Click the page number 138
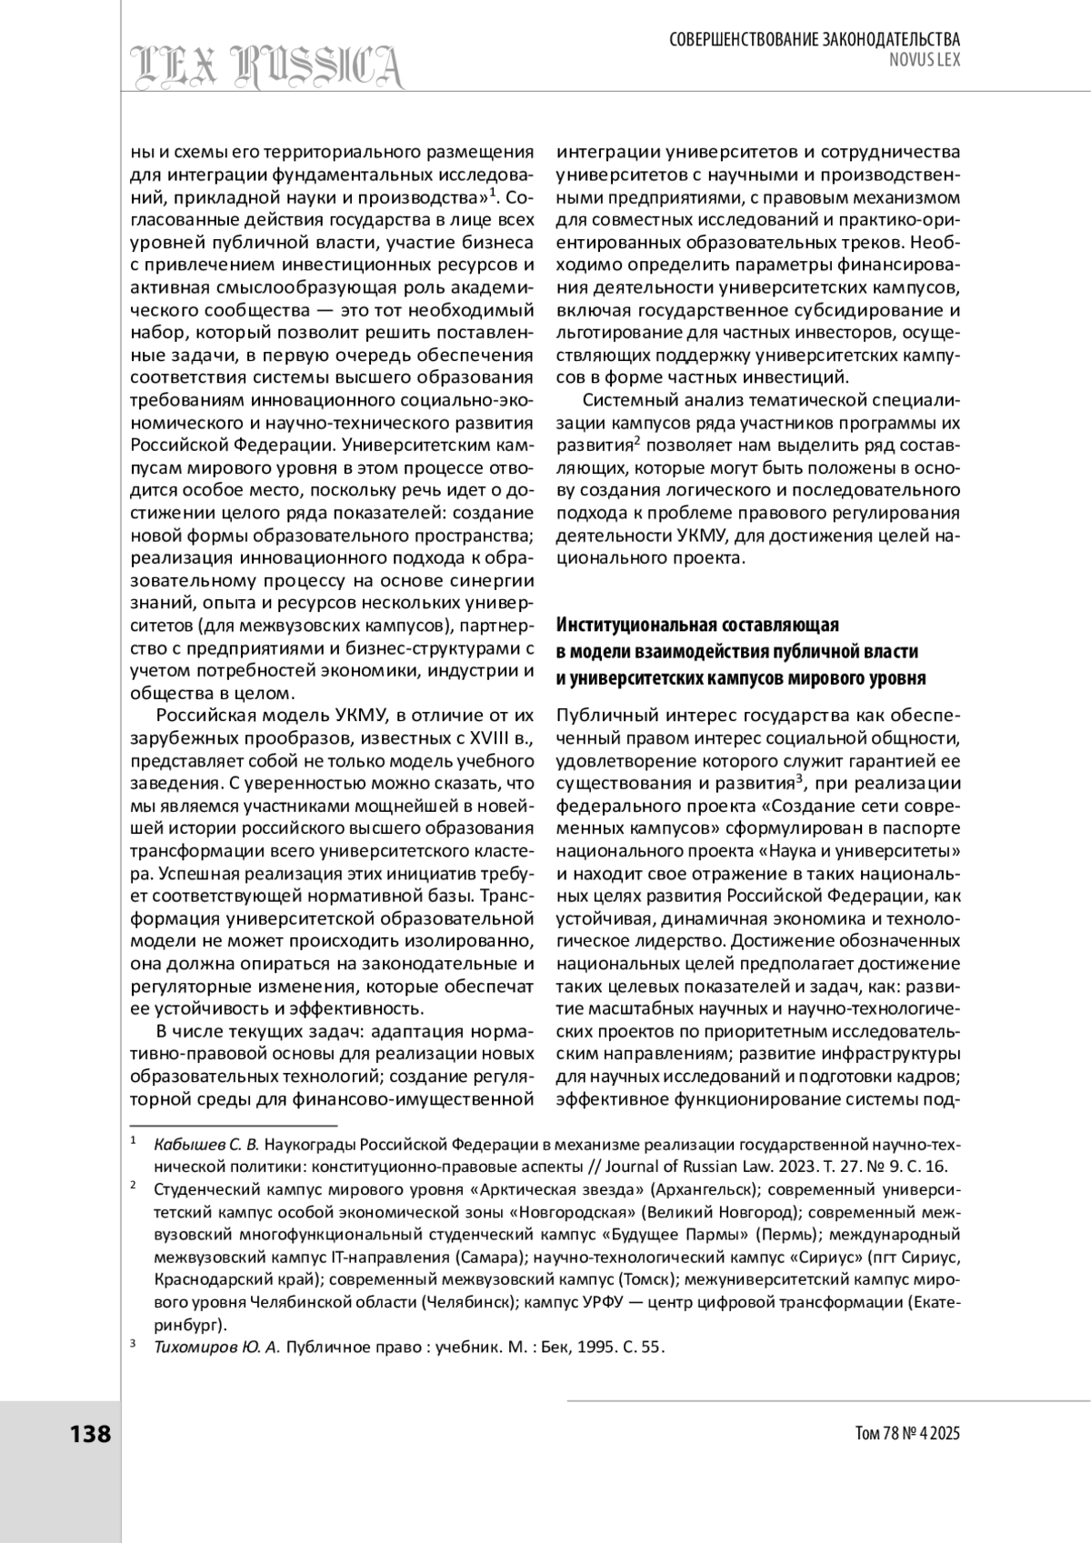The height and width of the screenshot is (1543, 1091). pos(90,1434)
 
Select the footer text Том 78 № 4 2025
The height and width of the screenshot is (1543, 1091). pos(907,1434)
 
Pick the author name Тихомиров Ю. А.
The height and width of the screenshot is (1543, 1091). pos(216,1348)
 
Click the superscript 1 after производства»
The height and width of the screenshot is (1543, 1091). pos(491,192)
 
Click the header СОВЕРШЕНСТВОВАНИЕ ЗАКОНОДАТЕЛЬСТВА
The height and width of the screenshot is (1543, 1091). pos(815,39)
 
